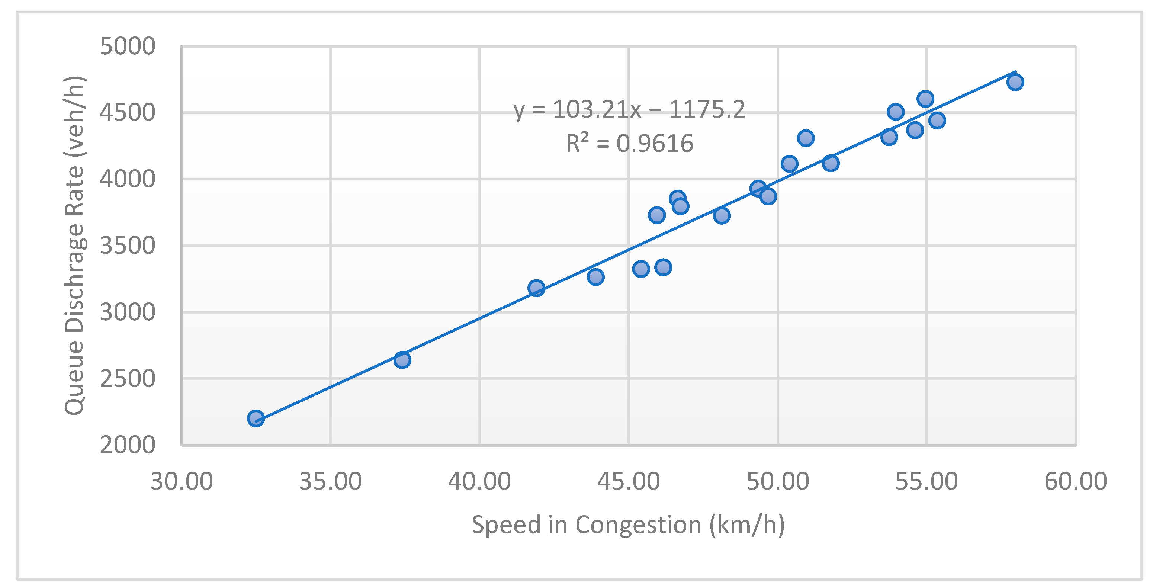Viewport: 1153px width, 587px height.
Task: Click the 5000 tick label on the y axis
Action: (127, 46)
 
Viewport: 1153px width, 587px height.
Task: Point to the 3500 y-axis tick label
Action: (127, 246)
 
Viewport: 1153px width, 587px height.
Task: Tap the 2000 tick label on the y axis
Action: (127, 445)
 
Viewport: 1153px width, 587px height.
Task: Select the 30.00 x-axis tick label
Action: (181, 482)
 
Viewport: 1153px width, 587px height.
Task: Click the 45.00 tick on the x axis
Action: (629, 482)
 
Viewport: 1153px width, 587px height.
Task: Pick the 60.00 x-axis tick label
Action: (1075, 482)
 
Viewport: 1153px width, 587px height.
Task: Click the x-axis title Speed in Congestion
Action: (629, 525)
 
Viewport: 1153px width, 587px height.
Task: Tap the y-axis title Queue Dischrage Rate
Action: (74, 246)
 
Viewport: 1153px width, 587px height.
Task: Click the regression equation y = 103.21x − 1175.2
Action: (629, 109)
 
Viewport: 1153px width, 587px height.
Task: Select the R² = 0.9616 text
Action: (629, 143)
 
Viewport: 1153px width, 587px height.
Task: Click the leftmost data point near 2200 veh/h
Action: (256, 418)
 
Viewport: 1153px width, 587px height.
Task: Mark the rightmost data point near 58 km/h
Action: (1015, 82)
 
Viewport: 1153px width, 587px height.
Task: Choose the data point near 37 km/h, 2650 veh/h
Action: (402, 360)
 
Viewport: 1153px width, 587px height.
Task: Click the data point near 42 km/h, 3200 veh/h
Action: (536, 288)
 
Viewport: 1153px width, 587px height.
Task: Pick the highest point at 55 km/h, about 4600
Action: (925, 99)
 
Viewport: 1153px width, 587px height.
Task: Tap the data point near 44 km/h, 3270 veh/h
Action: (595, 277)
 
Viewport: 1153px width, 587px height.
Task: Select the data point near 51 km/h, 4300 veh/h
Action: (806, 138)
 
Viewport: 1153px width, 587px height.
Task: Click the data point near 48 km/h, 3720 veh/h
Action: (722, 216)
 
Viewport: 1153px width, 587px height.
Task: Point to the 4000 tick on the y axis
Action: (127, 179)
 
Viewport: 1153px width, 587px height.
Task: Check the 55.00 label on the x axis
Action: (926, 482)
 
